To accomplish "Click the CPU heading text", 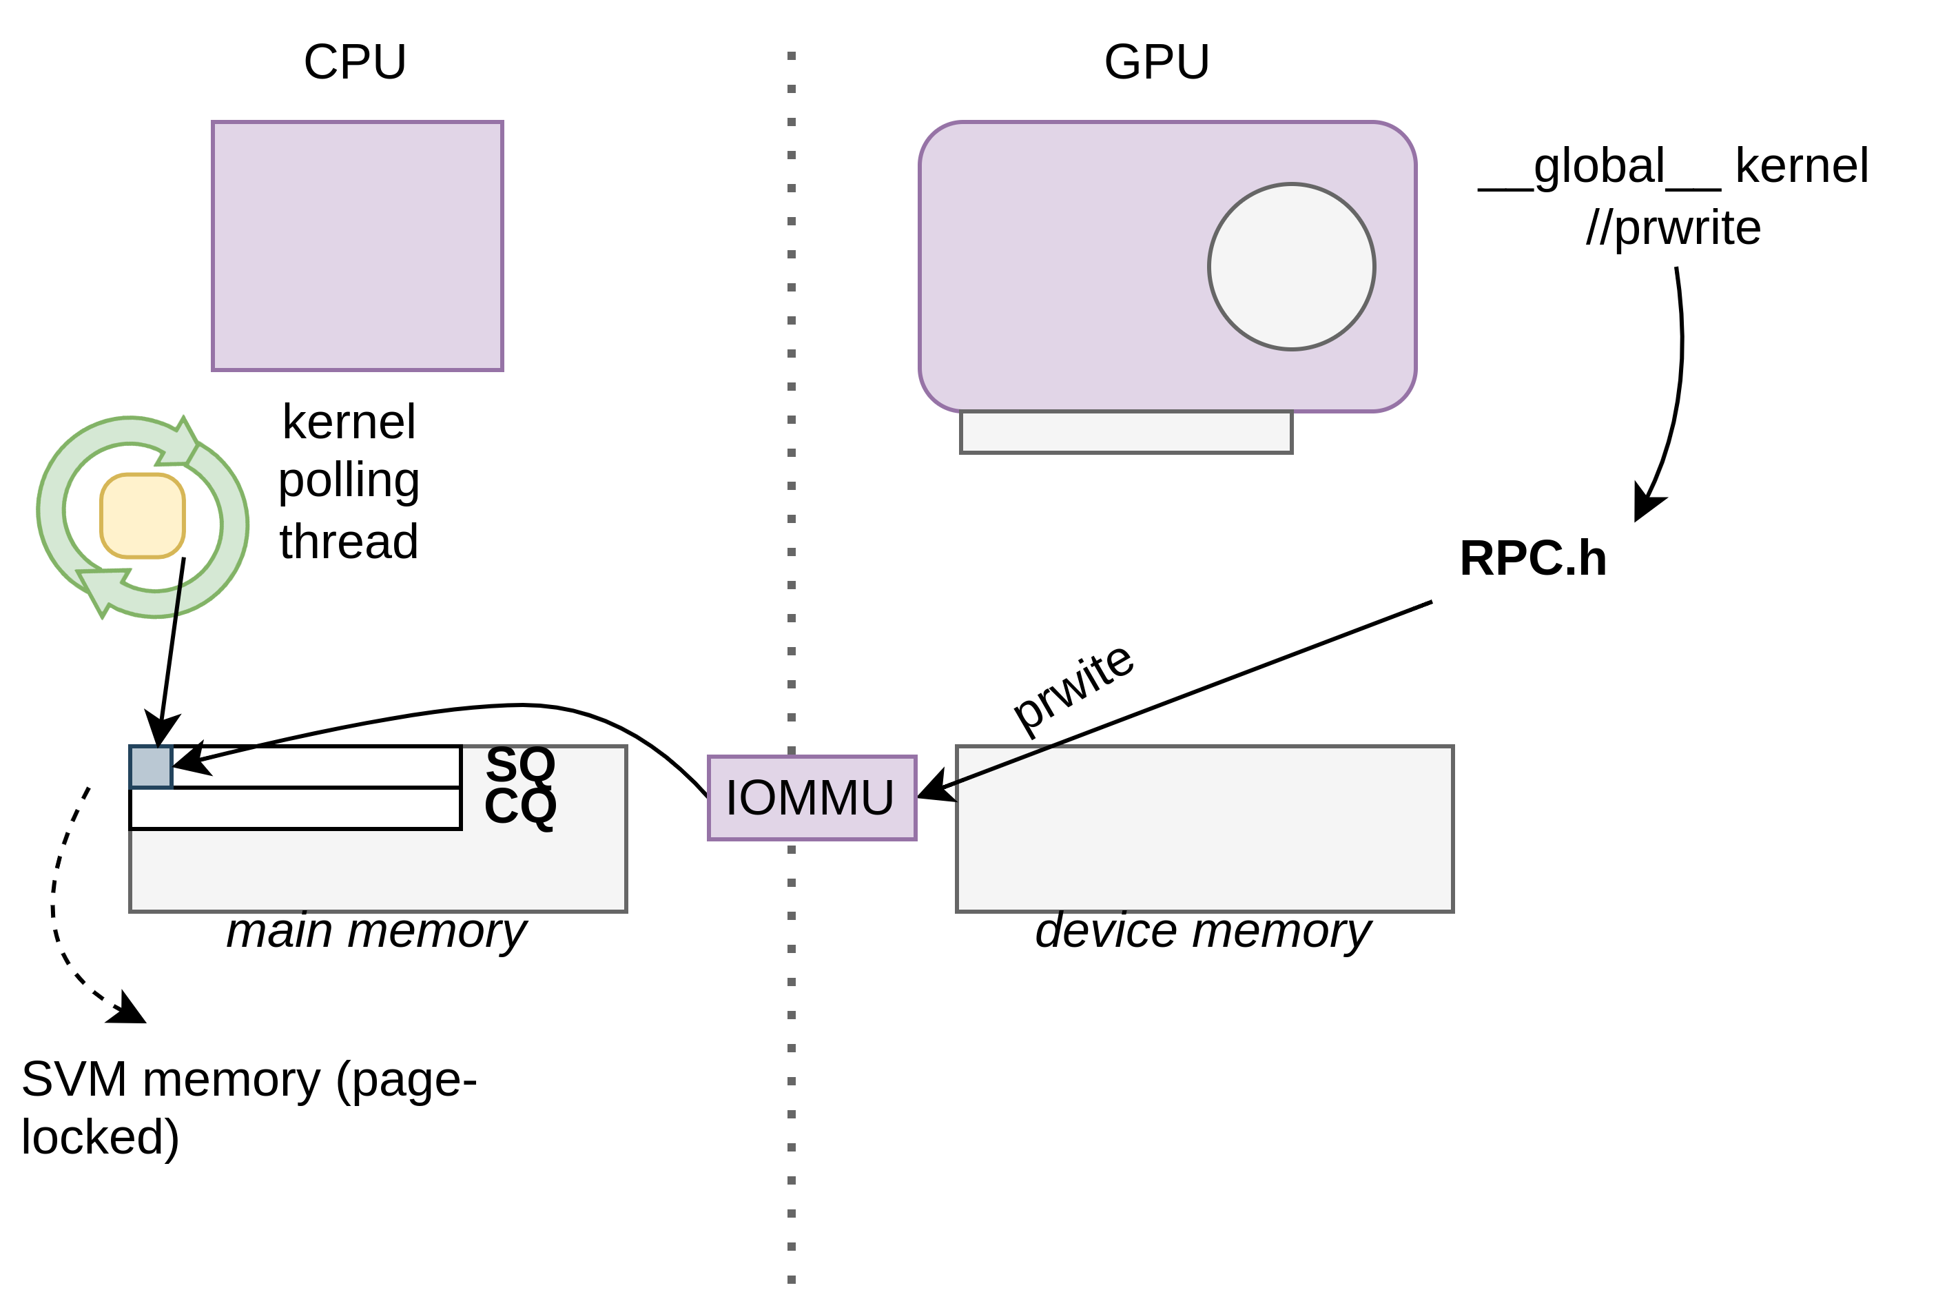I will pyautogui.click(x=355, y=62).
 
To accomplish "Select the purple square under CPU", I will pyautogui.click(x=357, y=246).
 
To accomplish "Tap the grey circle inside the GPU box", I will pyautogui.click(x=1290, y=267).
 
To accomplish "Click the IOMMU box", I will pyautogui.click(x=811, y=797).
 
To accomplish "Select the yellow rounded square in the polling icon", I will pyautogui.click(x=143, y=516).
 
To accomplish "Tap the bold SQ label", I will pyautogui.click(x=520, y=764).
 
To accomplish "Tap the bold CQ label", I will pyautogui.click(x=520, y=806).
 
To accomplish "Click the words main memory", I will pyautogui.click(x=377, y=930).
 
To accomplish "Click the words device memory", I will pyautogui.click(x=1203, y=930).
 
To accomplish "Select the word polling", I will pyautogui.click(x=349, y=480).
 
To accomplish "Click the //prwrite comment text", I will pyautogui.click(x=1673, y=228).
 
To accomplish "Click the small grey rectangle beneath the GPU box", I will pyautogui.click(x=1125, y=432).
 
